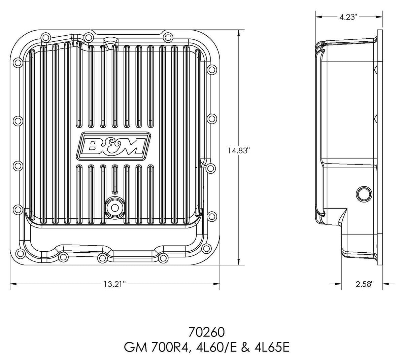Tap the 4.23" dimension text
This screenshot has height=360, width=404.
pos(348,17)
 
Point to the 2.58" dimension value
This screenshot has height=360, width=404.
pos(365,284)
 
